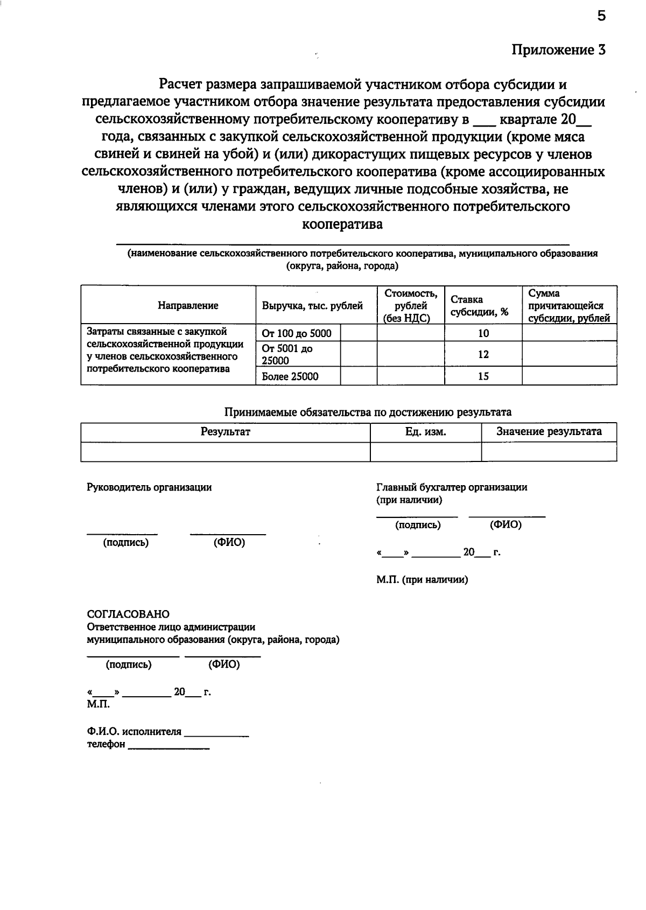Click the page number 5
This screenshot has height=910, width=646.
pyautogui.click(x=601, y=16)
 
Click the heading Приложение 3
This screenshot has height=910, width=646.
pyautogui.click(x=558, y=50)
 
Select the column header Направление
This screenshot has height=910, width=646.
pyautogui.click(x=188, y=306)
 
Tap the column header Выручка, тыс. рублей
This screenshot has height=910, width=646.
pyautogui.click(x=312, y=306)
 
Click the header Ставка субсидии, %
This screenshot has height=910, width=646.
pyautogui.click(x=480, y=306)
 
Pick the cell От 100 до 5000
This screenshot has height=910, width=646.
pyautogui.click(x=297, y=333)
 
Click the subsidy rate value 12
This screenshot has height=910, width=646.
pyautogui.click(x=483, y=354)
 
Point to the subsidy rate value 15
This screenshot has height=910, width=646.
pyautogui.click(x=483, y=376)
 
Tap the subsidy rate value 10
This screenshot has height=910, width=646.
pyautogui.click(x=483, y=333)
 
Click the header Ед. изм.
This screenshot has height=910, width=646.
pyautogui.click(x=425, y=432)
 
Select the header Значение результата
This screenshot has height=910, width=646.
pyautogui.click(x=549, y=432)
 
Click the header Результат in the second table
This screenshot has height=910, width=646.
pyautogui.click(x=226, y=432)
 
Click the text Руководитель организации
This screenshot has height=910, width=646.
pyautogui.click(x=150, y=487)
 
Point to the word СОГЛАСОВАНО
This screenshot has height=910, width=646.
pyautogui.click(x=128, y=614)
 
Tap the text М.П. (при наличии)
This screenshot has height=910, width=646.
pyautogui.click(x=422, y=580)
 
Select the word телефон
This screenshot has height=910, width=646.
pyautogui.click(x=106, y=745)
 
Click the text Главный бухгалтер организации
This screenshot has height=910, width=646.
pyautogui.click(x=452, y=487)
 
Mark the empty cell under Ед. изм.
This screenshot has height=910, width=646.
pyautogui.click(x=425, y=452)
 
